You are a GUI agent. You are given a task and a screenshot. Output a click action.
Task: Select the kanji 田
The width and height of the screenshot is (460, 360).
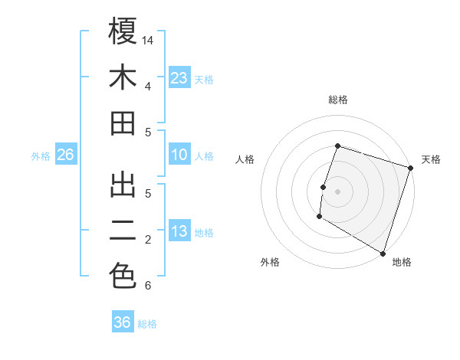[123, 123]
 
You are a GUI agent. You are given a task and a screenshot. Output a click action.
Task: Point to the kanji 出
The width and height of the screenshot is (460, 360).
[123, 184]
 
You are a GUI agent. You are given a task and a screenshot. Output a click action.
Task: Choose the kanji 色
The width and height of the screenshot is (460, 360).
[123, 276]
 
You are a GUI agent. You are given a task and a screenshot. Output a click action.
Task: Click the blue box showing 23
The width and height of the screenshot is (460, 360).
[179, 77]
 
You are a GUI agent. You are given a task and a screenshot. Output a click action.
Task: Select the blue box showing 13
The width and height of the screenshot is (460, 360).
[179, 231]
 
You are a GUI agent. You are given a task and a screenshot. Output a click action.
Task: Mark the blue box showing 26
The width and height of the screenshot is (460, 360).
[65, 155]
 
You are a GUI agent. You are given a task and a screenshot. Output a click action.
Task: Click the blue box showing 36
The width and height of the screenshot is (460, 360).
[123, 322]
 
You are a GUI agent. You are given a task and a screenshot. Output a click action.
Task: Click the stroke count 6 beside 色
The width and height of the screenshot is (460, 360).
[148, 286]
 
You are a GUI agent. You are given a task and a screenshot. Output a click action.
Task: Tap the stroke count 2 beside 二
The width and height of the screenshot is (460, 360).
[148, 240]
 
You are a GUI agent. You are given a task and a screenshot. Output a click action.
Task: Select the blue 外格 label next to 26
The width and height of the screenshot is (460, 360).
[41, 156]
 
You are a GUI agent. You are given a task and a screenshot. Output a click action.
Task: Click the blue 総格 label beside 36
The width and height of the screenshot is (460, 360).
[147, 324]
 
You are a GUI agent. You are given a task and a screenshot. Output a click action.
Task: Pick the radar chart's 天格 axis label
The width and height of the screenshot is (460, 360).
[431, 159]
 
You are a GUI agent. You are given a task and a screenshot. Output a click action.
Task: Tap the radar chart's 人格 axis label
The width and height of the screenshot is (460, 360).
[245, 159]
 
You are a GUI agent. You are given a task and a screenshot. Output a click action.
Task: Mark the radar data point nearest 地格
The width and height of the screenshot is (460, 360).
[382, 252]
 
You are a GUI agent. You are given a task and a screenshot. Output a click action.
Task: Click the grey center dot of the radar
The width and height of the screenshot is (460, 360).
[337, 191]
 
